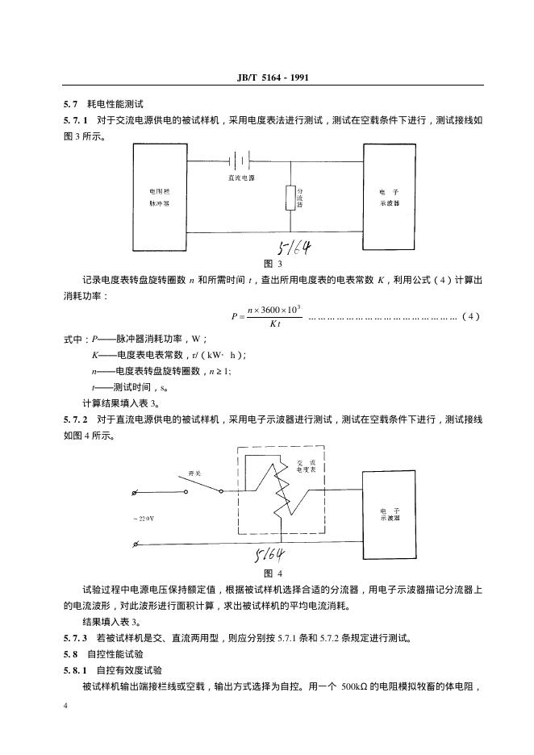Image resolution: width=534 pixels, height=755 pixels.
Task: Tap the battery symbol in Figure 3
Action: (240, 159)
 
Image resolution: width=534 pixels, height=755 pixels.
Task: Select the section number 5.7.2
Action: (75, 419)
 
